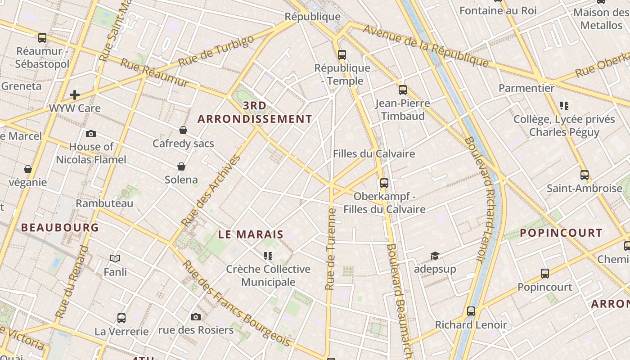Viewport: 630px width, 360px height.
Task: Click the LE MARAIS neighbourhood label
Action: point(251,234)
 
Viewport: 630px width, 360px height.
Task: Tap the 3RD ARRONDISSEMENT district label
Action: point(255,112)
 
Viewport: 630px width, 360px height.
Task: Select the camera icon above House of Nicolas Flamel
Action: point(91,134)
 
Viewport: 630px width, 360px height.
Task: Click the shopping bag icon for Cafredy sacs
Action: point(183,130)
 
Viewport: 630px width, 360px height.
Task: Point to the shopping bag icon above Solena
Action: point(181,167)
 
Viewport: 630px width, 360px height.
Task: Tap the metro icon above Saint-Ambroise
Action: point(584,175)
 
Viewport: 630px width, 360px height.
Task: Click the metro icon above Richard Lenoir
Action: point(471,311)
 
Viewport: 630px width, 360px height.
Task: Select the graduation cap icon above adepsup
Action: point(435,256)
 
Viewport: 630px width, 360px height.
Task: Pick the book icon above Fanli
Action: point(115,258)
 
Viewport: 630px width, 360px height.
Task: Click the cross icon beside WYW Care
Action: point(75,95)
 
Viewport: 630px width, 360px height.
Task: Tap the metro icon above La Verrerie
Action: point(121,318)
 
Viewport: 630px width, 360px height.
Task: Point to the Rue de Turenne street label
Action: point(332,249)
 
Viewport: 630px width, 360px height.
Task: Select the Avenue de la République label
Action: point(426,45)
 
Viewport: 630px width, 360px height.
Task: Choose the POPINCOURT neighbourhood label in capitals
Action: point(561,233)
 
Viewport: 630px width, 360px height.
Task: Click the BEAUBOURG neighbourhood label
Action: point(60,228)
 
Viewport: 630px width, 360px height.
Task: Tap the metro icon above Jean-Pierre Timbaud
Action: point(402,90)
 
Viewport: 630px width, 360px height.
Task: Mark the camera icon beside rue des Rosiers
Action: point(195,317)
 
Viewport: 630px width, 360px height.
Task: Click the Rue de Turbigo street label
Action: point(216,51)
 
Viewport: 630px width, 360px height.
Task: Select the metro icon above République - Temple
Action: point(342,55)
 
